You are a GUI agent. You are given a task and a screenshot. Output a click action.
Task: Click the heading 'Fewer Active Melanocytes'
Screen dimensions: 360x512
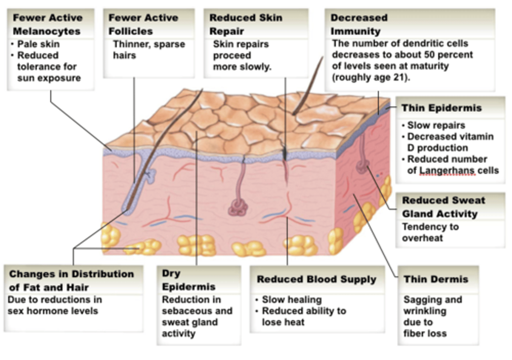tap(47, 24)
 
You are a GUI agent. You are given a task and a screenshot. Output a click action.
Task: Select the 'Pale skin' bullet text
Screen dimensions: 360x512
tap(38, 44)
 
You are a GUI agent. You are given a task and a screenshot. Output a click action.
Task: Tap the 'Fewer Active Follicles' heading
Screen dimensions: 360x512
tap(143, 24)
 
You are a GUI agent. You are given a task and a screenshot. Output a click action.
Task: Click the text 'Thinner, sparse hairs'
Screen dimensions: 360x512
tap(149, 50)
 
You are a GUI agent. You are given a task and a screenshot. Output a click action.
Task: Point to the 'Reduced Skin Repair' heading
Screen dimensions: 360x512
tap(245, 24)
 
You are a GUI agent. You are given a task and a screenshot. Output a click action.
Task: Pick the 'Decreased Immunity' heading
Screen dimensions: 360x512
tap(359, 24)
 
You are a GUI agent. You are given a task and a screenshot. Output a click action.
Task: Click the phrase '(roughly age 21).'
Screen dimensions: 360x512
tap(371, 77)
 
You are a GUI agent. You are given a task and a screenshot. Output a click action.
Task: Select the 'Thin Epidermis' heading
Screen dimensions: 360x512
tap(441, 108)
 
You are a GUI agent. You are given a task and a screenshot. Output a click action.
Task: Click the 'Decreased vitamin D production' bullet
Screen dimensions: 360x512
tap(450, 142)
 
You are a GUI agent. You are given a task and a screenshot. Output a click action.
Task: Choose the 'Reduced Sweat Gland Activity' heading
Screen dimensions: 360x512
tap(443, 207)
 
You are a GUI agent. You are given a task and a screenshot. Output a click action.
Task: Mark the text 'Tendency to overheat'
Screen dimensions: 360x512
tap(430, 232)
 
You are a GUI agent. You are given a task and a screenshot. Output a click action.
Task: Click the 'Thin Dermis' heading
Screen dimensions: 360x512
tap(436, 279)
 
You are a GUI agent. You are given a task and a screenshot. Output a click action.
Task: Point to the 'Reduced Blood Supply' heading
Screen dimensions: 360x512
tap(316, 279)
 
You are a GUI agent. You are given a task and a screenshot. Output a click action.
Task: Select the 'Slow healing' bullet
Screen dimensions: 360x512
tap(292, 300)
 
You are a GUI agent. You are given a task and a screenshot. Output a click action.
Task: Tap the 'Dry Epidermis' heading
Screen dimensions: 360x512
tap(188, 280)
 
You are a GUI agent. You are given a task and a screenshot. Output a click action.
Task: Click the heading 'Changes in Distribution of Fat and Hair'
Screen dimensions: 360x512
tap(71, 280)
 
